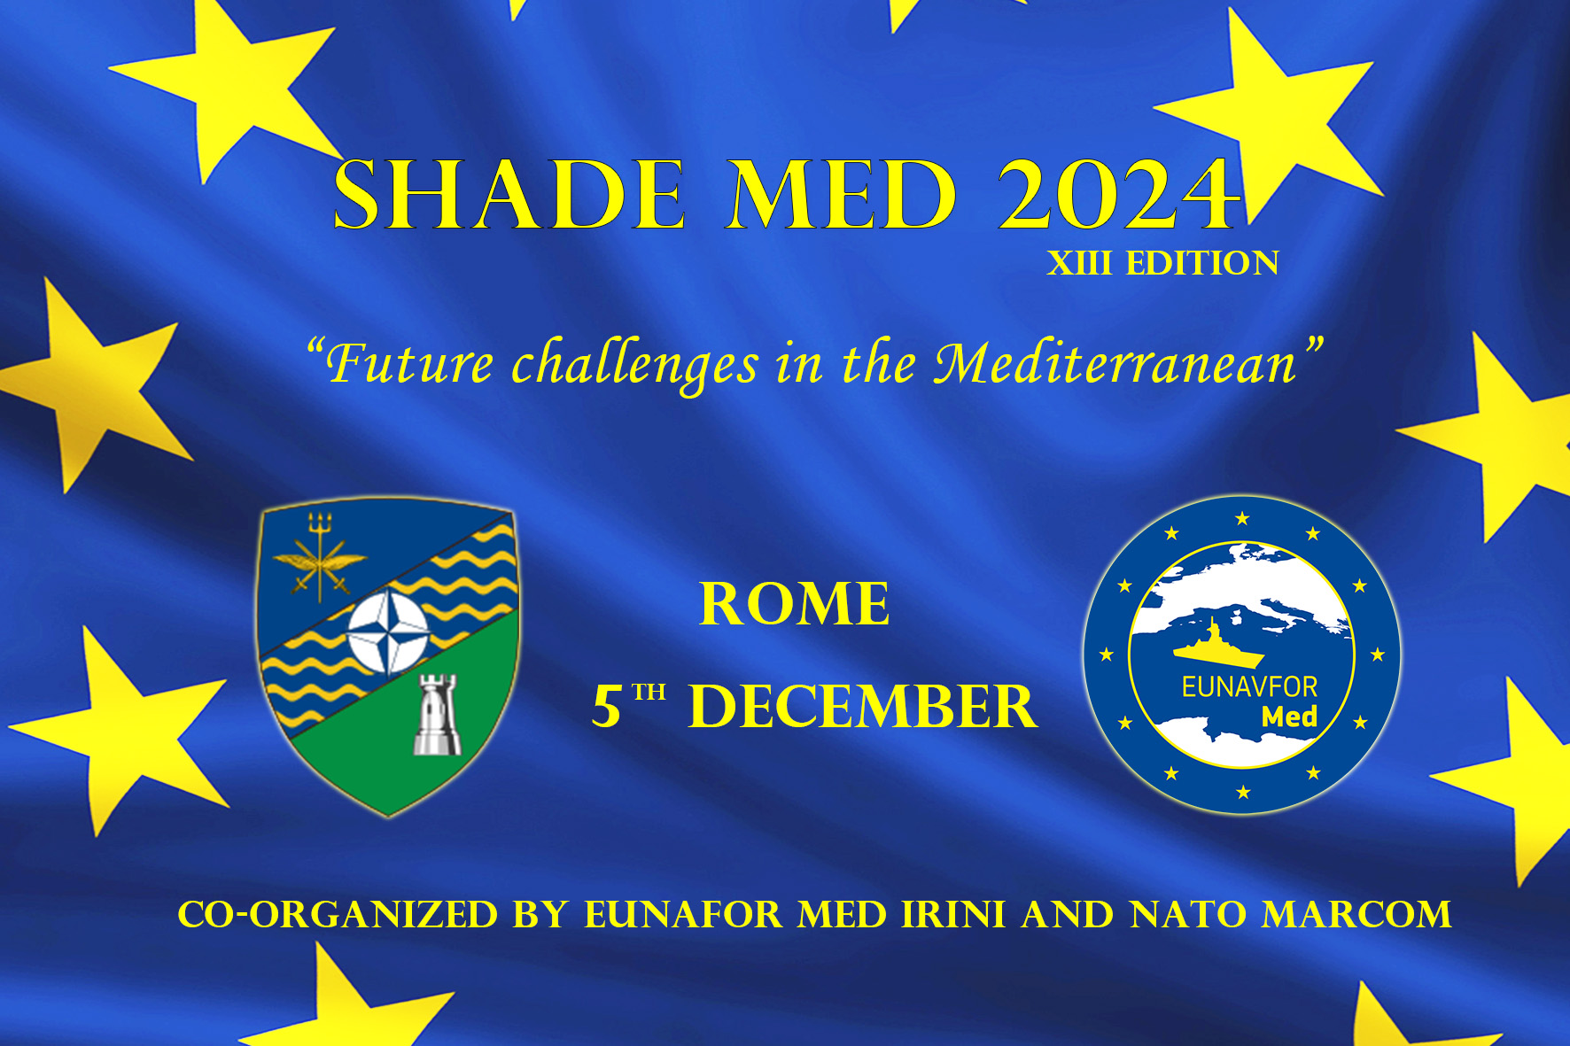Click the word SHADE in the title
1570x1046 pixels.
point(509,195)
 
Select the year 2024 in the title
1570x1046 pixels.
point(1119,195)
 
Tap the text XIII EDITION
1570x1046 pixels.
point(1163,263)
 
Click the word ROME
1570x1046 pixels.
point(795,604)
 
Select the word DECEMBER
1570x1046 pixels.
point(863,707)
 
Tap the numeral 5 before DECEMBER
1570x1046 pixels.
point(607,707)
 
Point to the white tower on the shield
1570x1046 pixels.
point(438,715)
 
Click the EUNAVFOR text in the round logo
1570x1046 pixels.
point(1249,687)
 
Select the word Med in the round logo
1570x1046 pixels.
point(1289,717)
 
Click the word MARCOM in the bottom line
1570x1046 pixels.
point(1356,915)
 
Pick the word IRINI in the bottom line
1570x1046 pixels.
point(953,915)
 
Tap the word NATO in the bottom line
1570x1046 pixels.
point(1187,915)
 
